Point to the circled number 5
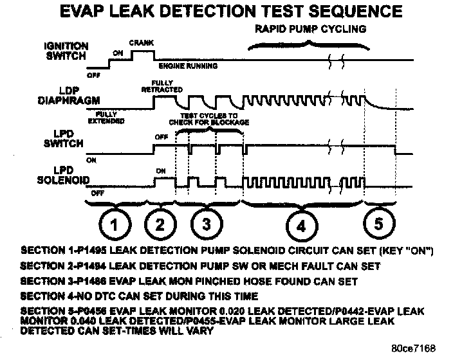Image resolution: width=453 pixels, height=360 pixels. (378, 224)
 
